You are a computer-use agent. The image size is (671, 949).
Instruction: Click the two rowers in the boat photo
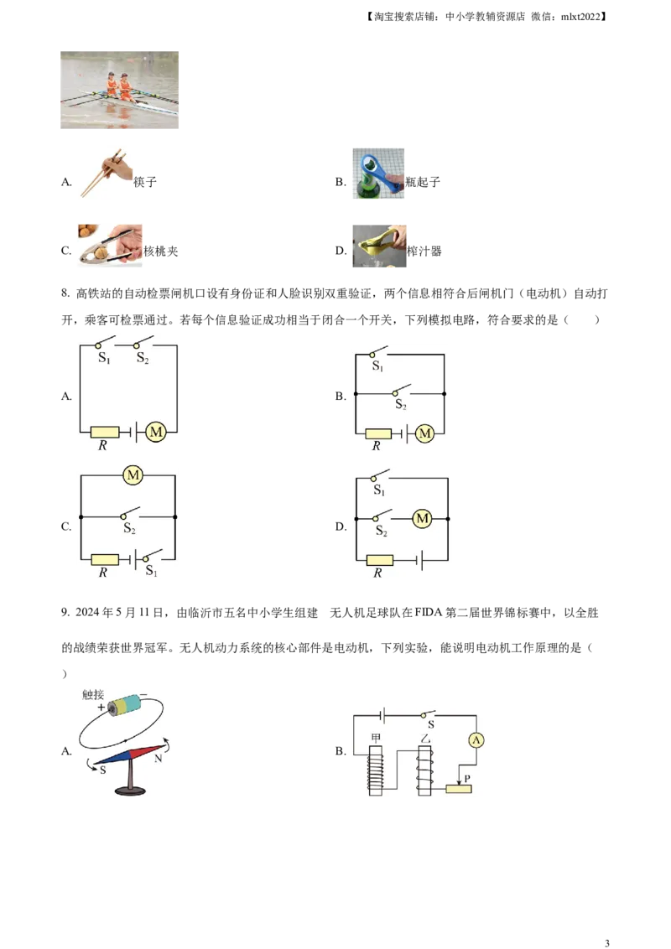[x=118, y=86]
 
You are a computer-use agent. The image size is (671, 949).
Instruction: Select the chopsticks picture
[x=104, y=172]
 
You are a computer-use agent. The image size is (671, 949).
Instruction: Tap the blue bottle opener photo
[x=378, y=171]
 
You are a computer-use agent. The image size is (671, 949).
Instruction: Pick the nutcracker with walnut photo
[x=110, y=245]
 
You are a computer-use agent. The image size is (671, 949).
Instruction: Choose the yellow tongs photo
[x=379, y=244]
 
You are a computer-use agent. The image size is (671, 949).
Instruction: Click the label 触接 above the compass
[x=91, y=695]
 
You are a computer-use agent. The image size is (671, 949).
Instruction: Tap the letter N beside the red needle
[x=159, y=757]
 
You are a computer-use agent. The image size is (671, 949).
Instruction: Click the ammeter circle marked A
[x=476, y=739]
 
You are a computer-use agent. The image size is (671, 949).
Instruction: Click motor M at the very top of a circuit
[x=133, y=475]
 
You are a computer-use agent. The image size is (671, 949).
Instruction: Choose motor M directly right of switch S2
[x=422, y=520]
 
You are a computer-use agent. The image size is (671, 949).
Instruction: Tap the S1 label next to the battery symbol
[x=151, y=571]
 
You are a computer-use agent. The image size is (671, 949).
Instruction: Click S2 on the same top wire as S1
[x=143, y=358]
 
